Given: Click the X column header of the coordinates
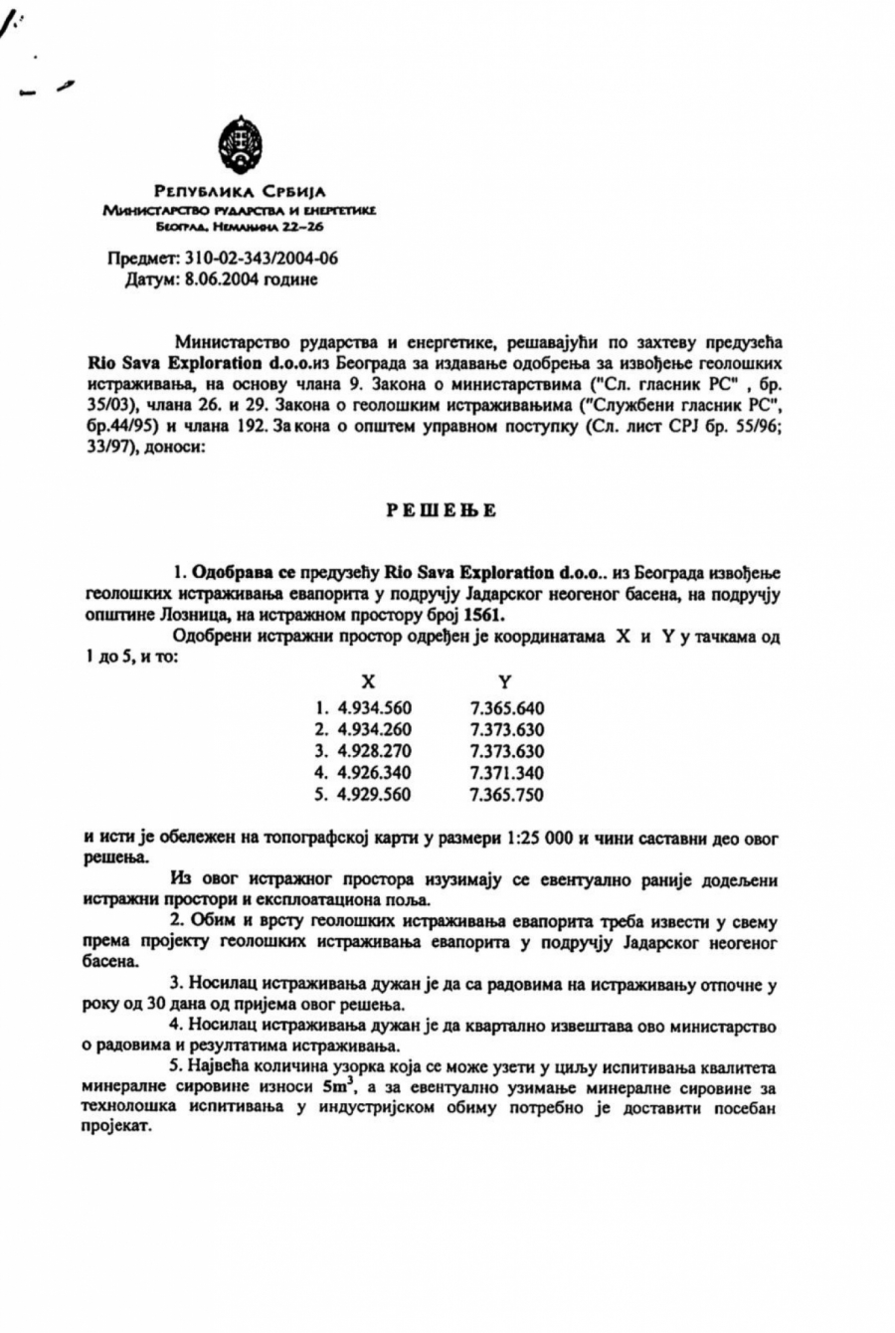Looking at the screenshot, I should tap(368, 681).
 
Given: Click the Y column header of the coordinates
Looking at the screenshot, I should tap(505, 681).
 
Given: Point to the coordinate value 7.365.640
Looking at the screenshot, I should tap(507, 708).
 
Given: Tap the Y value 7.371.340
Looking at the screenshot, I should tap(507, 773).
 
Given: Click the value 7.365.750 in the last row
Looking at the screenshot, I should tap(507, 795).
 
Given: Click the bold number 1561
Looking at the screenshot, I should tap(518, 616).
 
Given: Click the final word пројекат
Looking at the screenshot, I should tap(118, 1130).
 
